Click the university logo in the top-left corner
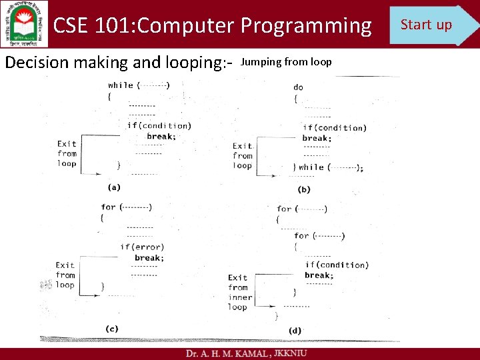(x=25, y=24)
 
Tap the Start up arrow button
(x=430, y=25)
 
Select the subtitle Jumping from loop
(x=286, y=62)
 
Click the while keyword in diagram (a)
(x=121, y=85)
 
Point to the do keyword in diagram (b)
(x=298, y=87)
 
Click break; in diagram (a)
(x=161, y=136)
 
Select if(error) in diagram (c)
(x=142, y=247)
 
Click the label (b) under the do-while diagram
(x=304, y=189)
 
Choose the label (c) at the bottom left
(x=112, y=328)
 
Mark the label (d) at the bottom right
(x=295, y=330)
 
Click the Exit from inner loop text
(x=239, y=292)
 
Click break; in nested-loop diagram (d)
(x=319, y=275)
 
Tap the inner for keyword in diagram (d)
(x=301, y=235)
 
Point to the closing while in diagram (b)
(x=311, y=167)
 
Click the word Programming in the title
(x=306, y=25)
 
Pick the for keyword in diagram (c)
(x=109, y=207)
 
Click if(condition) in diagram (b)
(x=335, y=127)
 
